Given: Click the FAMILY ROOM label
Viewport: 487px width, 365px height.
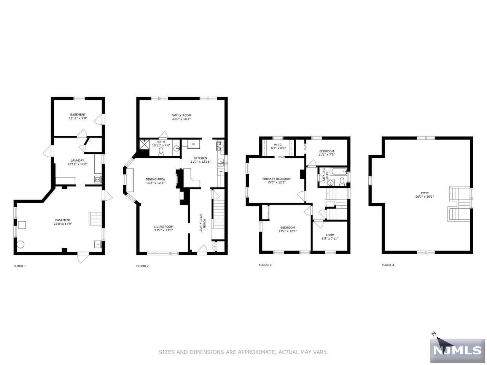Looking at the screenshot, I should [x=181, y=115].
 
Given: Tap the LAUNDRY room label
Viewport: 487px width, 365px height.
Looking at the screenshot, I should [x=77, y=160].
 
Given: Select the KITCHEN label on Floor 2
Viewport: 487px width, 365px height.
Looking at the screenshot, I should [x=201, y=158].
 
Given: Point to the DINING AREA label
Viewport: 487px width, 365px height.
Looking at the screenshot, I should [x=155, y=179].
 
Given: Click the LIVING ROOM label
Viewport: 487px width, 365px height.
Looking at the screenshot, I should [x=164, y=226].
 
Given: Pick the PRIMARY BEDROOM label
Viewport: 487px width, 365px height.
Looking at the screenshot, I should [x=276, y=179].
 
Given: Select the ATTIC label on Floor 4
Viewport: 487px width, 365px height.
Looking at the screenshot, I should [x=425, y=193].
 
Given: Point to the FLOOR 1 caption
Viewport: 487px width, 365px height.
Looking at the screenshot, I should [x=20, y=266].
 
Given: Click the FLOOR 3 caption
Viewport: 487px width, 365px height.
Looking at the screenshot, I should [x=265, y=265].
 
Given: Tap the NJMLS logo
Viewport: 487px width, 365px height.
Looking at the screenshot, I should [x=458, y=351].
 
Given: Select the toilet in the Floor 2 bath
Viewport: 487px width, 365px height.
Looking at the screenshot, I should [x=161, y=152].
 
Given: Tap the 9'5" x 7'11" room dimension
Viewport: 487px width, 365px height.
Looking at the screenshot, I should [x=329, y=239].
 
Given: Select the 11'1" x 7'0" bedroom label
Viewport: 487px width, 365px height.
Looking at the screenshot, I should [x=326, y=153].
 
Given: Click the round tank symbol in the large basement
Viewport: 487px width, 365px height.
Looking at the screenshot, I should [x=20, y=244].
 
